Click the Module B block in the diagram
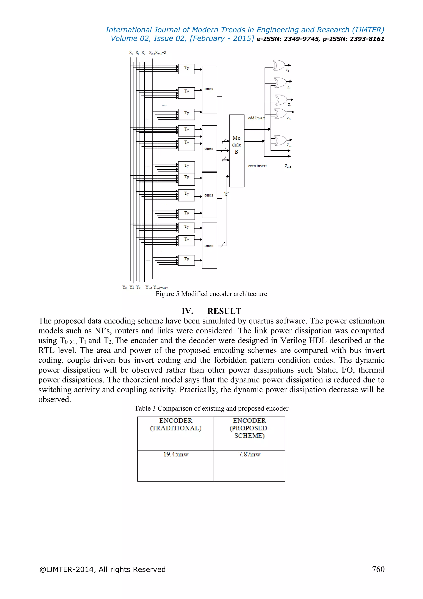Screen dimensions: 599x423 (x=236, y=151)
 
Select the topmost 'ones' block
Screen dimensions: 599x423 (x=209, y=90)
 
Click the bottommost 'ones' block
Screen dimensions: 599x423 (x=209, y=246)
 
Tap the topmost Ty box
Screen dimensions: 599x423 (x=186, y=69)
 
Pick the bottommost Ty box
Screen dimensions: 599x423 (x=186, y=260)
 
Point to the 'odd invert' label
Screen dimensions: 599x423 (x=256, y=118)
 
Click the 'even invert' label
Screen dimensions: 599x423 (x=257, y=166)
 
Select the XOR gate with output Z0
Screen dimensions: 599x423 (x=279, y=65)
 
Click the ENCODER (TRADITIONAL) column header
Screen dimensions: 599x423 (x=176, y=424)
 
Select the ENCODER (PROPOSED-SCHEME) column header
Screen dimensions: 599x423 (x=249, y=428)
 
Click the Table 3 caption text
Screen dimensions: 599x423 (x=211, y=408)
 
